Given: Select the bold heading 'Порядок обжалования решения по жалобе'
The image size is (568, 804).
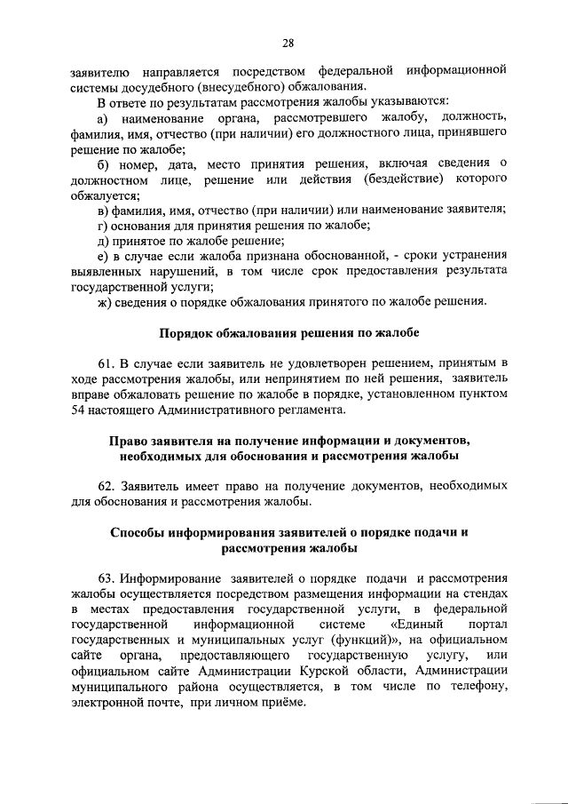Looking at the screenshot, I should coord(288,333).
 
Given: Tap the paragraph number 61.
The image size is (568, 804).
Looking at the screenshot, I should coord(106,363).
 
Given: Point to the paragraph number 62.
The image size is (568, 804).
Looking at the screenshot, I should coord(106,486).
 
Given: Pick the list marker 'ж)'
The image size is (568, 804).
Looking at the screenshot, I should coord(105,303).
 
